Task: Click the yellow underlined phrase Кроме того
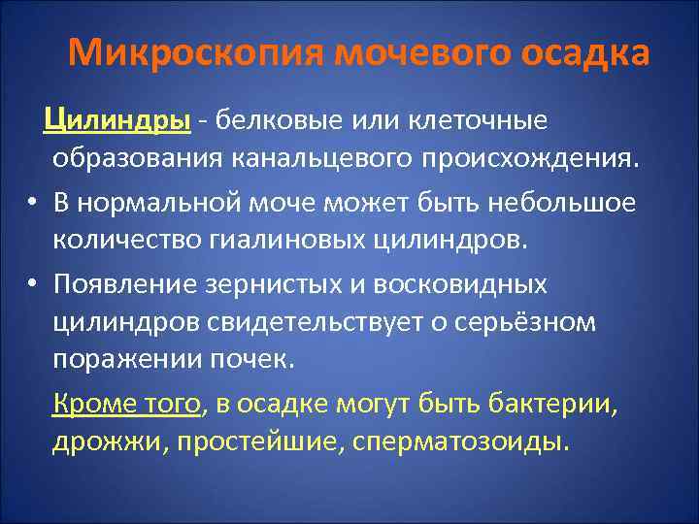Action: click(x=127, y=404)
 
